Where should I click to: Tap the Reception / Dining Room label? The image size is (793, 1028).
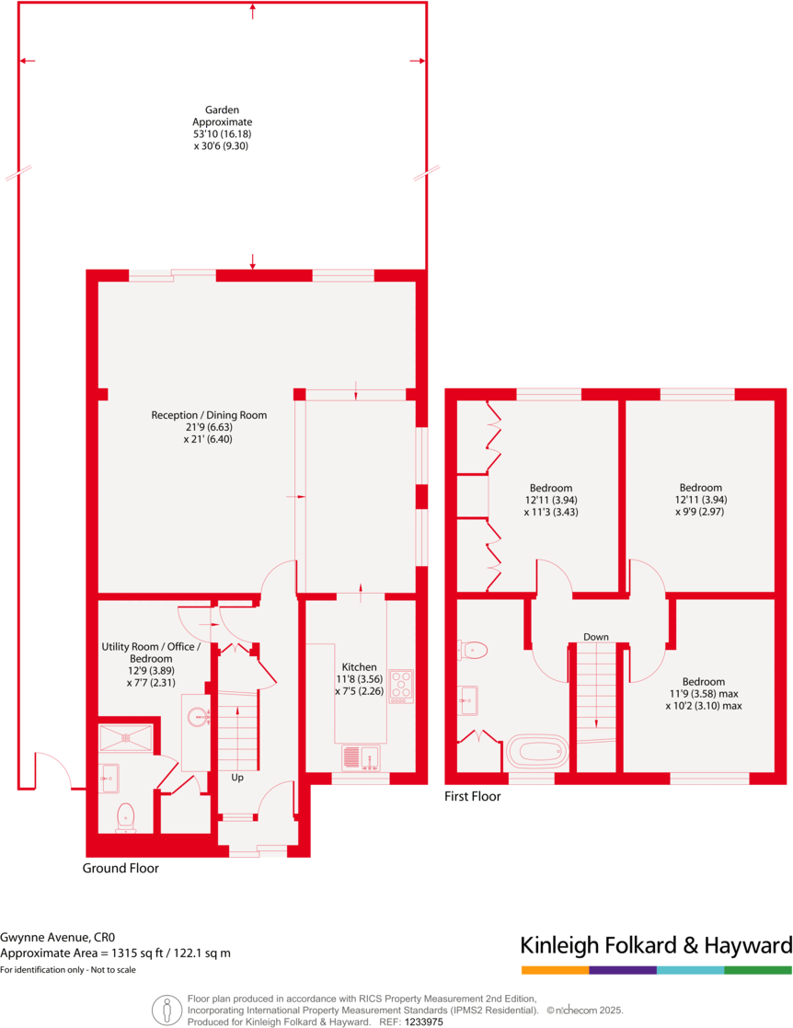click(x=209, y=427)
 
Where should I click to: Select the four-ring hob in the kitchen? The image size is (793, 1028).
click(x=402, y=686)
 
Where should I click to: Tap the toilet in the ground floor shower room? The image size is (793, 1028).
click(x=125, y=815)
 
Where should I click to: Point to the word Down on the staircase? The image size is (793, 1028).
click(x=595, y=637)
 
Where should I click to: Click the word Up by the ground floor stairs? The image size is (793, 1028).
click(x=236, y=778)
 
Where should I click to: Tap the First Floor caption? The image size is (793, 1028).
click(x=472, y=796)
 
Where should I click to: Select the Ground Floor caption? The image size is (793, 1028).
click(x=121, y=868)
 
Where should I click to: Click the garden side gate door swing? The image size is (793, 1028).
click(x=57, y=778)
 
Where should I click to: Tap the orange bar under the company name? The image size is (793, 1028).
click(x=555, y=970)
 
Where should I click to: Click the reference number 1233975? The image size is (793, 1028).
click(x=424, y=1022)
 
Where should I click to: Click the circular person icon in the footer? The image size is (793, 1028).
click(x=167, y=1010)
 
